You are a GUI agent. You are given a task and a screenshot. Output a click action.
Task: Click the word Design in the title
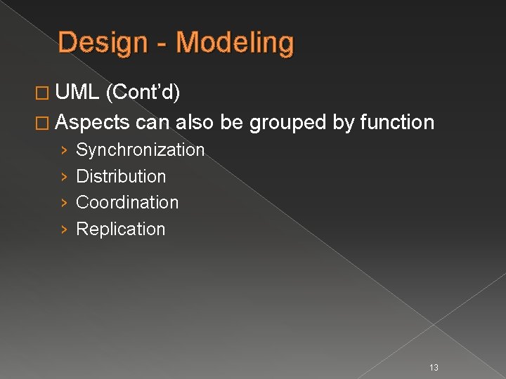103,44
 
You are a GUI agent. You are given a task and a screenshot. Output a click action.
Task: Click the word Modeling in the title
235,44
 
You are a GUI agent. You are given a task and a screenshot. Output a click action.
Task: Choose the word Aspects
93,123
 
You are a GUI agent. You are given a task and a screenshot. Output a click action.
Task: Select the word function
397,122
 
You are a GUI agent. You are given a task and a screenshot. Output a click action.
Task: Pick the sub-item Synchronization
140,150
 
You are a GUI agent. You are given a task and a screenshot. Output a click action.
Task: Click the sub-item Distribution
121,176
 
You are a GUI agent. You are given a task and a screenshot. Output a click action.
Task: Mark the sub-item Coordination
127,202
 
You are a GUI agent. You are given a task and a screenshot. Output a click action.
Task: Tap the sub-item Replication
120,229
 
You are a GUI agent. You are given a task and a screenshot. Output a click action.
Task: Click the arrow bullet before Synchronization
63,150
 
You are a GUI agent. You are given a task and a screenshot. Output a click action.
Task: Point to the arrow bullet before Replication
63,230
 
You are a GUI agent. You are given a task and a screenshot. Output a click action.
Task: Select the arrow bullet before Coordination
63,203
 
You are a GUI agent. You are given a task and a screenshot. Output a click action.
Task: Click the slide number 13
434,367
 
